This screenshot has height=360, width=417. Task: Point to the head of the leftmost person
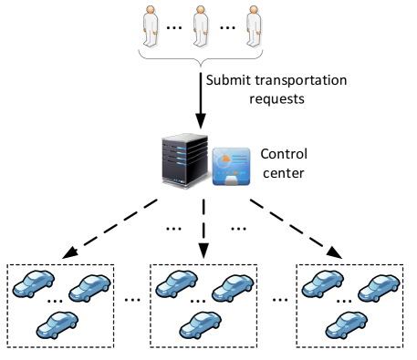tap(151, 10)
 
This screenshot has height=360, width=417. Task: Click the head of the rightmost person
tap(254, 10)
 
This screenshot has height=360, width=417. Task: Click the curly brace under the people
tap(201, 57)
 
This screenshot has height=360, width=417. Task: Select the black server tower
tap(184, 161)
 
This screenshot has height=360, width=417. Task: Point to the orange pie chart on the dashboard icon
tap(223, 159)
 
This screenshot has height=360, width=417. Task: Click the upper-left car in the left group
tap(34, 283)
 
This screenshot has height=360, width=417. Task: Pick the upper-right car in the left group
tap(89, 288)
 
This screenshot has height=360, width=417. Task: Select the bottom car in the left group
tap(57, 324)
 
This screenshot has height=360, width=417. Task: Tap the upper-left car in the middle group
tap(177, 283)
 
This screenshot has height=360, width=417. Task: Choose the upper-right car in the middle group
tap(233, 288)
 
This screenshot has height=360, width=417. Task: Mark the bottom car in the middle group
tap(200, 324)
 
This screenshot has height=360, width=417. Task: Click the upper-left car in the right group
tap(323, 283)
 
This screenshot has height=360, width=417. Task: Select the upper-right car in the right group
tap(379, 288)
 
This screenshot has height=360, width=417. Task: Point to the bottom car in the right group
tap(346, 324)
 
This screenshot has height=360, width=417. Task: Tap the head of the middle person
tap(201, 10)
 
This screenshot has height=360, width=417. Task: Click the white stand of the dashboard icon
tap(231, 181)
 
